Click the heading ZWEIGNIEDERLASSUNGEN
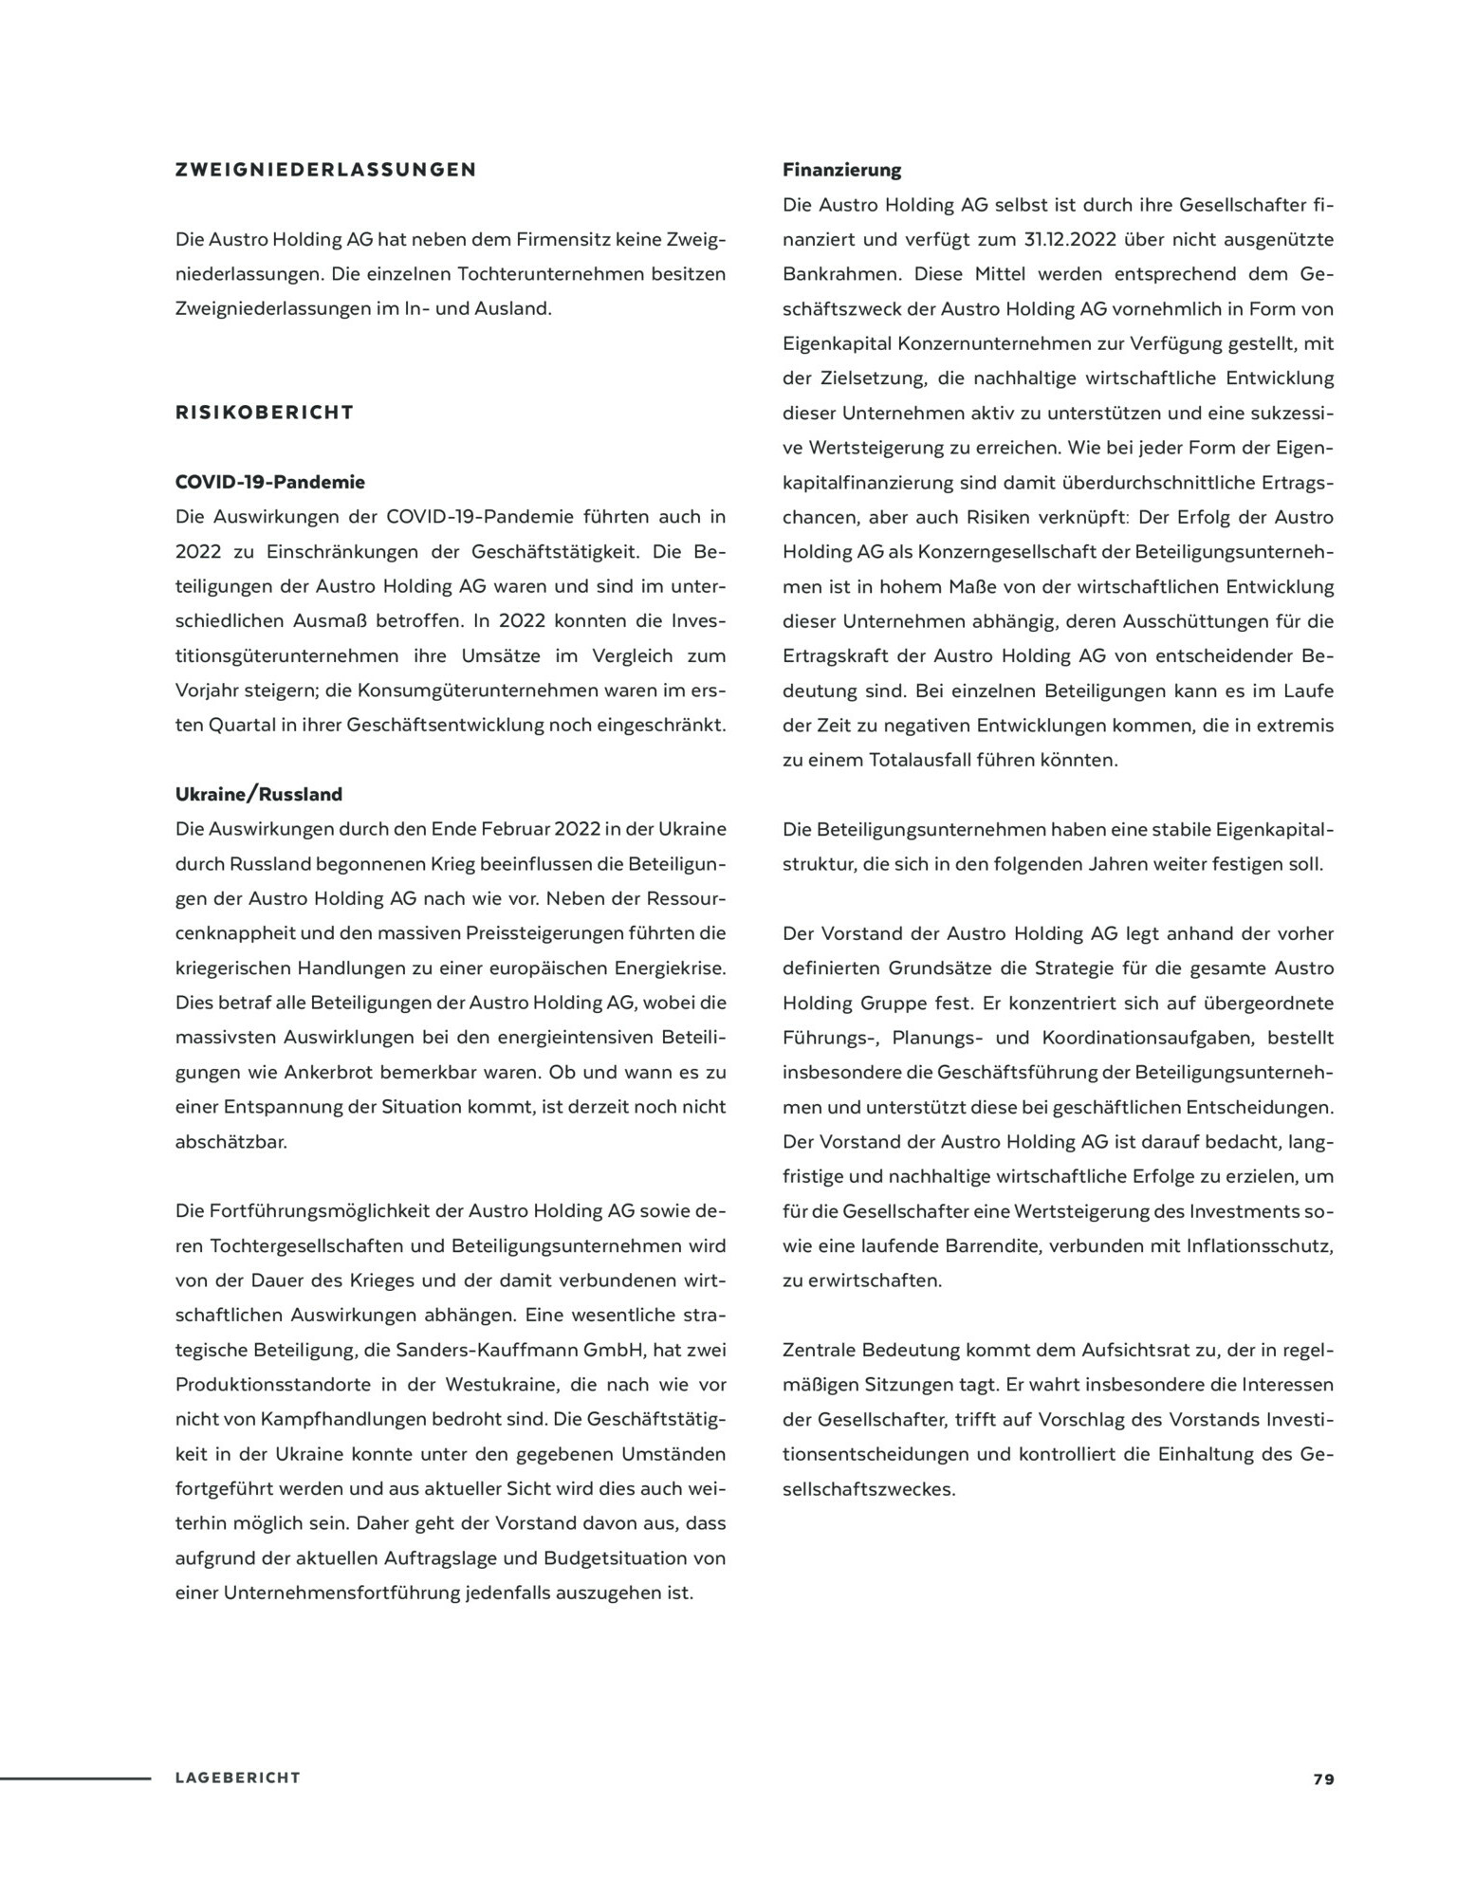point(325,171)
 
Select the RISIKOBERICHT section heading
point(265,413)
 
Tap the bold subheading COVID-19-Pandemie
point(270,482)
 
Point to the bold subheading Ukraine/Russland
point(259,794)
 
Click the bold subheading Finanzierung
point(842,171)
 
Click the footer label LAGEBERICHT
point(237,1777)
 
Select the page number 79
point(1323,1778)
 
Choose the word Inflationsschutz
point(1259,1245)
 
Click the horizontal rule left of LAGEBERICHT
point(76,1777)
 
